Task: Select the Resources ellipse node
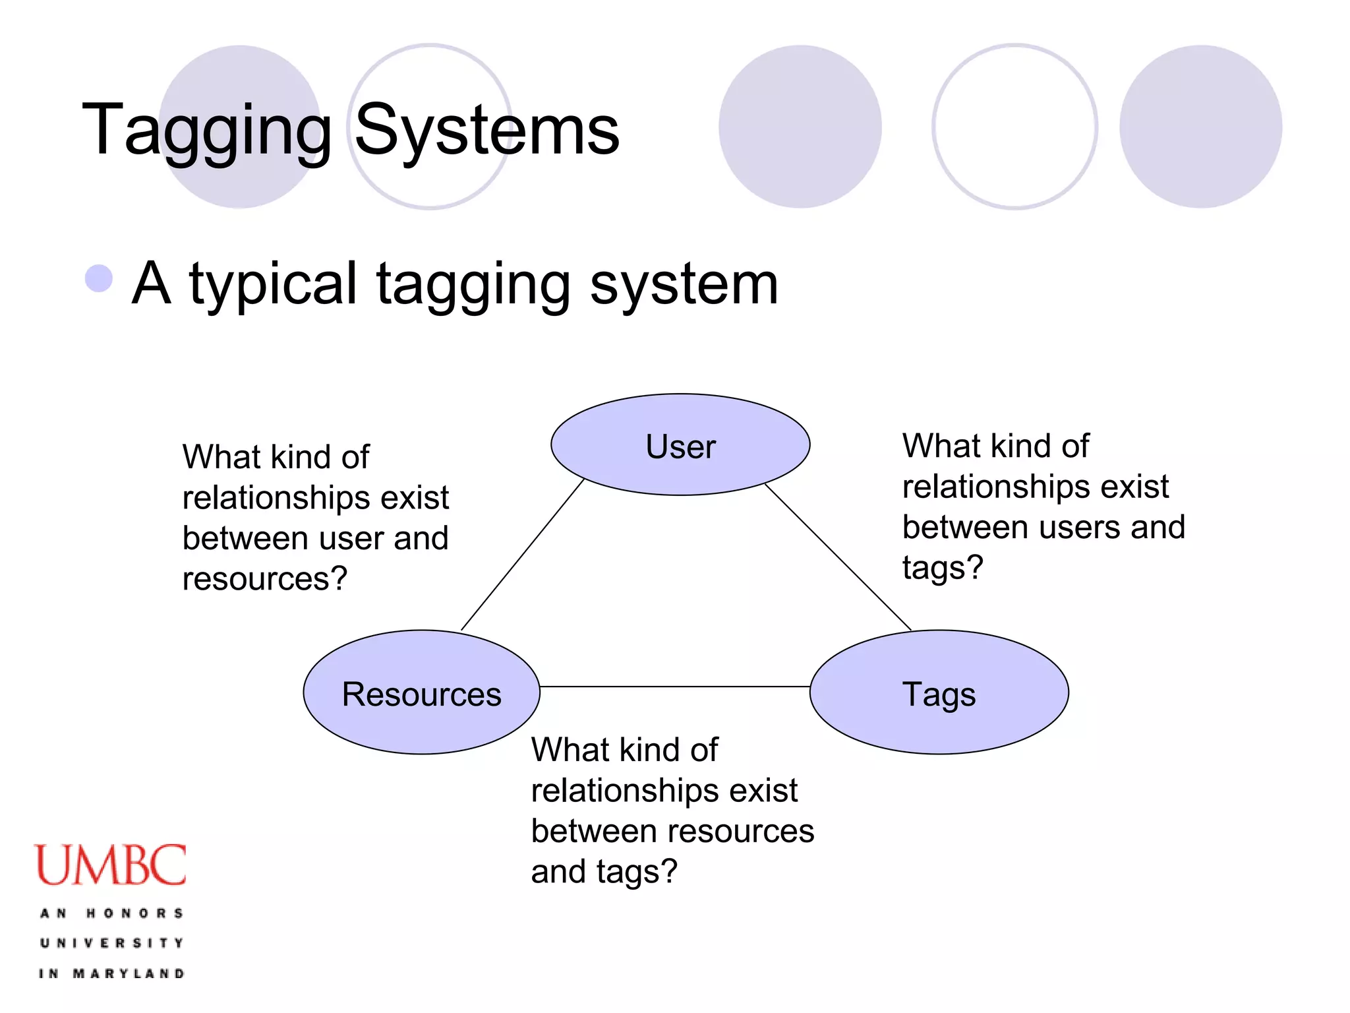(x=422, y=693)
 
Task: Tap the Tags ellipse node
(x=939, y=693)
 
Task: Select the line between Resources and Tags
(x=675, y=687)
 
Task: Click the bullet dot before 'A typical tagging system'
(x=99, y=278)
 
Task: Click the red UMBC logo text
(x=110, y=865)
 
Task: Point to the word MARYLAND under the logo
(x=129, y=973)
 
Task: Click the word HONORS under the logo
(x=134, y=913)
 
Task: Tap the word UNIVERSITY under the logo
(x=111, y=943)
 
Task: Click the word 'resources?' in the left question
(x=264, y=579)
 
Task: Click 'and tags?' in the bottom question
(x=604, y=872)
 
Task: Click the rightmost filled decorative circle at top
(x=1200, y=127)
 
